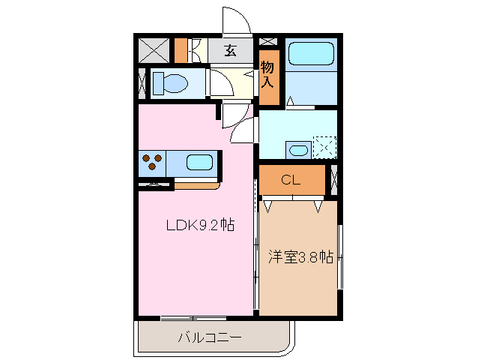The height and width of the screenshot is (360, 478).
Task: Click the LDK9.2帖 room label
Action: coord(195,225)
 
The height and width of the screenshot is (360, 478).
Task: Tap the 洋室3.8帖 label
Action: coord(300,256)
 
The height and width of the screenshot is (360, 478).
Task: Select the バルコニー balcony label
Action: coord(209,338)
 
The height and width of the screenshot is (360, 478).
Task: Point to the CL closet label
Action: coord(291,180)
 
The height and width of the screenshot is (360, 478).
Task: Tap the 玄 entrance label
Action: coord(230,51)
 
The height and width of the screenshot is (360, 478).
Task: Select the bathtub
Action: coord(311,54)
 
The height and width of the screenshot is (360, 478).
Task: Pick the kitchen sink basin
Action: coord(199,162)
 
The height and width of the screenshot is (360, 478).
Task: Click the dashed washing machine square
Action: coord(324,146)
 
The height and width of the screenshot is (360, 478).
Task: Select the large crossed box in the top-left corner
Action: coord(154,50)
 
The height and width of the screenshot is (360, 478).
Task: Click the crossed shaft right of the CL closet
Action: coord(333,179)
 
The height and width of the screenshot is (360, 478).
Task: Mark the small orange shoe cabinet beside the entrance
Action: coord(180,50)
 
